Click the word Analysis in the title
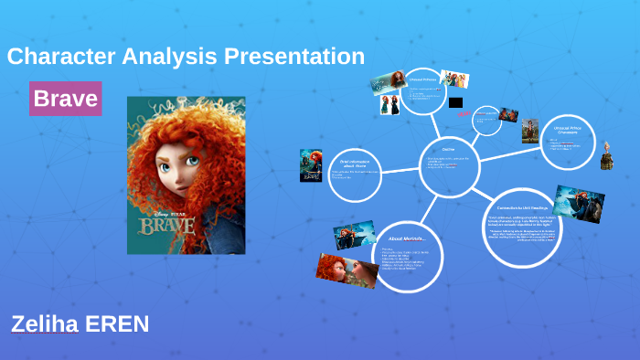pos(176,57)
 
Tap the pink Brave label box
pos(65,99)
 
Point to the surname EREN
pos(115,324)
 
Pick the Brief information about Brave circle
pos(355,172)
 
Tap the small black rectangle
pos(457,101)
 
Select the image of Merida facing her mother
pos(347,270)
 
